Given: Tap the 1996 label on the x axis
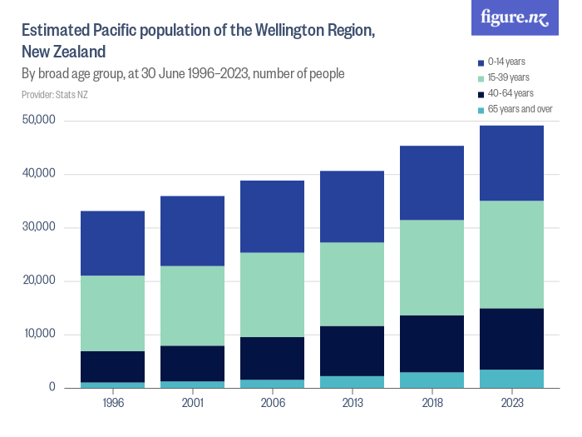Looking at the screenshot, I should [x=112, y=404].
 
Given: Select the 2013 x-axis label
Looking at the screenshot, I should [x=352, y=404].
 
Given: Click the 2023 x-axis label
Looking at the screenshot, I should [x=511, y=404].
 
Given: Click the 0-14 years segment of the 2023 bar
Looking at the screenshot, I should [x=511, y=163].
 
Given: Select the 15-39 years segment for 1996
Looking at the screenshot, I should [x=112, y=313].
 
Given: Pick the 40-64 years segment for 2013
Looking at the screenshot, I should [x=352, y=350].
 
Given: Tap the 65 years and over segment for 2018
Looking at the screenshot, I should [x=432, y=380].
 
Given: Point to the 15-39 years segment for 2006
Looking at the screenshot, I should [x=272, y=295].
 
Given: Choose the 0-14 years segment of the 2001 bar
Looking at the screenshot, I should [x=192, y=231].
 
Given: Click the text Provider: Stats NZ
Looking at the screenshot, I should [x=55, y=94].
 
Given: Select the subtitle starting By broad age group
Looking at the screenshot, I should [x=183, y=73].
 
